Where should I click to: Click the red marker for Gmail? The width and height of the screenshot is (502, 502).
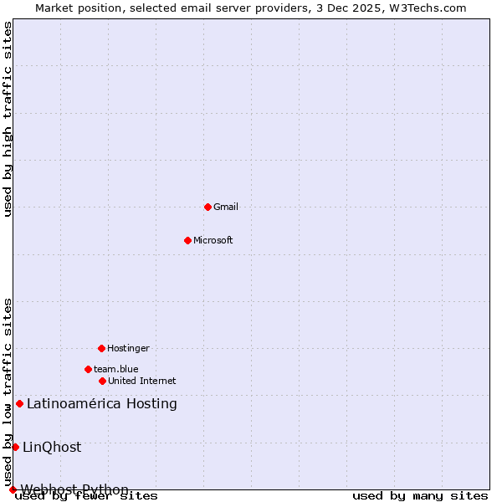pos(207,207)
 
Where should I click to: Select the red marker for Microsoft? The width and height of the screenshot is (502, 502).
pos(187,240)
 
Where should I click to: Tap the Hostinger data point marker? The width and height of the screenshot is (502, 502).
pos(101,348)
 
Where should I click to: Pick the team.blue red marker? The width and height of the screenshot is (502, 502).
pos(88,369)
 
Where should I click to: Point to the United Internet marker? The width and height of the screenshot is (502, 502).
pos(102,381)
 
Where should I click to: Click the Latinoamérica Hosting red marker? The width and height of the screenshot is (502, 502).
pos(19,404)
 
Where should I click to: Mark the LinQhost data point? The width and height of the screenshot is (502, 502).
pos(15,447)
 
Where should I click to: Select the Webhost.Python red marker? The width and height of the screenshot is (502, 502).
pos(13,489)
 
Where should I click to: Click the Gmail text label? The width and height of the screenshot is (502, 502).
pos(226,207)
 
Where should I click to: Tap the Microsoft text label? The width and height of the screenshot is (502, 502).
pos(213,240)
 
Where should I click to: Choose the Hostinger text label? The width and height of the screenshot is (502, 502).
pos(128,348)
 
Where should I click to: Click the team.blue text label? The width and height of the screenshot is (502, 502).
pos(116,369)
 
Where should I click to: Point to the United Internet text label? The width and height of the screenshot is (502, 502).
pos(142,381)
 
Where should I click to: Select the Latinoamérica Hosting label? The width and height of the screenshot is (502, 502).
pos(102,404)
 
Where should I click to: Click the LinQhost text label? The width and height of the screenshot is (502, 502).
pos(52,447)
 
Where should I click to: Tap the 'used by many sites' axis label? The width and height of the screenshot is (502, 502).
pos(420,496)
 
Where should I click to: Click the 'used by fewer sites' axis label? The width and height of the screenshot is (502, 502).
pos(87,496)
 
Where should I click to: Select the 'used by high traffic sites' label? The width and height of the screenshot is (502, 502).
pos(8,119)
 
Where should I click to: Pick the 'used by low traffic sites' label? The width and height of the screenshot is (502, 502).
pos(8,392)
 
